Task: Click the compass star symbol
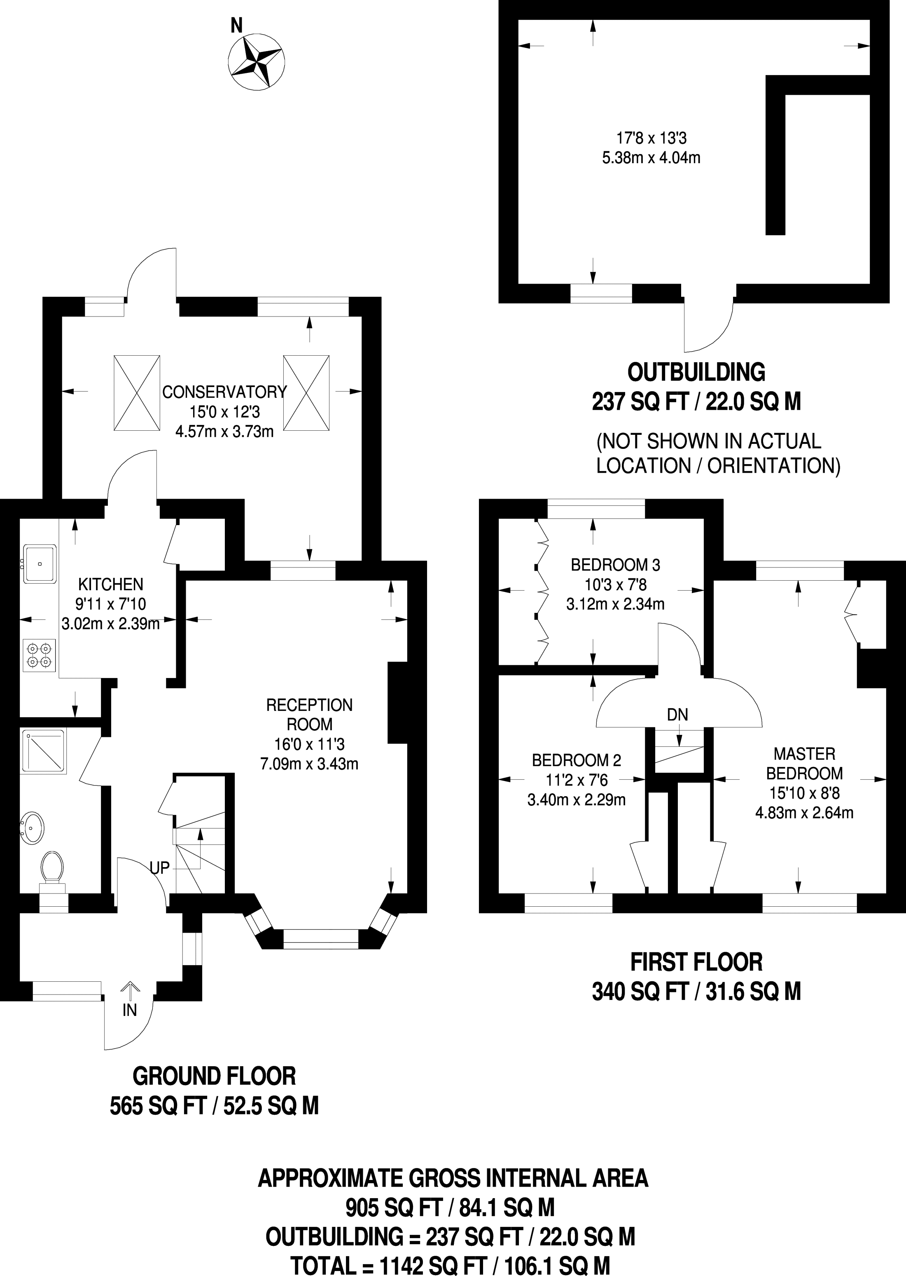(258, 61)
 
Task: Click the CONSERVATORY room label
(224, 392)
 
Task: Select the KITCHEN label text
(110, 584)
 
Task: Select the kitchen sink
(39, 564)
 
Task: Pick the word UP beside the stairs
(159, 868)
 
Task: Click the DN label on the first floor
(677, 715)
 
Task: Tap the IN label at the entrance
(129, 1010)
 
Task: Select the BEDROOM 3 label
(615, 565)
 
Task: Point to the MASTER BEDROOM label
(804, 764)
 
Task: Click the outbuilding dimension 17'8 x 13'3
(651, 138)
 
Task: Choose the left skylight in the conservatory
(137, 392)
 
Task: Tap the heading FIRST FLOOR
(696, 962)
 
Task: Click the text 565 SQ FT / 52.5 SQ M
(214, 1106)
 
